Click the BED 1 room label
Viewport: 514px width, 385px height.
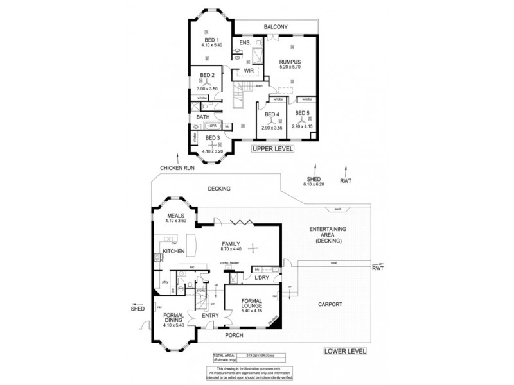coord(211,40)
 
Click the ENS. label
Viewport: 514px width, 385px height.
coord(244,43)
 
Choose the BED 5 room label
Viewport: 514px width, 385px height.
coord(303,114)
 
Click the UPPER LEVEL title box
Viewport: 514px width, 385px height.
coord(273,149)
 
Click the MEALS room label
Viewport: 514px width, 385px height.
coord(176,216)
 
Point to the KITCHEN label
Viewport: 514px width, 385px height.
coord(173,251)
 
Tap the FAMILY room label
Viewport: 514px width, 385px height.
coord(231,244)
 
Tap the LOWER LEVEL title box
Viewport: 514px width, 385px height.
coord(345,351)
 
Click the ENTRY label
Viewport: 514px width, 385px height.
coord(210,316)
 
